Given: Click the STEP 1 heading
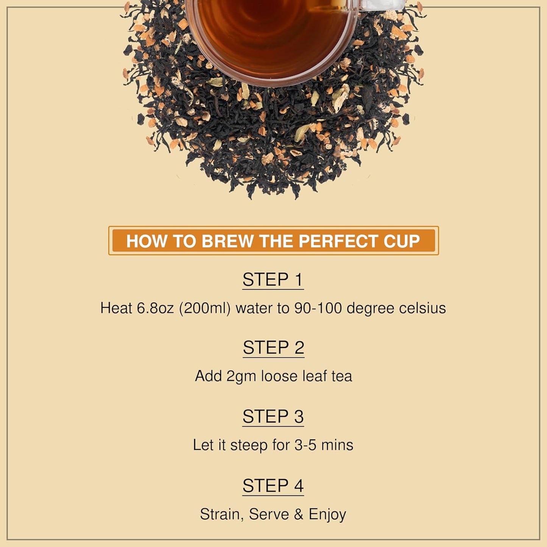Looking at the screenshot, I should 273,280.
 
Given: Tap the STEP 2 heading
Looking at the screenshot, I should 273,348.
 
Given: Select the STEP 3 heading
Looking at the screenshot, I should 273,417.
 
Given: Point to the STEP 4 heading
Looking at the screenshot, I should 273,486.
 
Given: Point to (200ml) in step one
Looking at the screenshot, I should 205,308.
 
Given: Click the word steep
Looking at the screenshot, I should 249,446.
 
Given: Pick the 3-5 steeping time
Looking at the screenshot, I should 305,445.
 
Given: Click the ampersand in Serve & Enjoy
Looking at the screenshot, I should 299,514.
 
